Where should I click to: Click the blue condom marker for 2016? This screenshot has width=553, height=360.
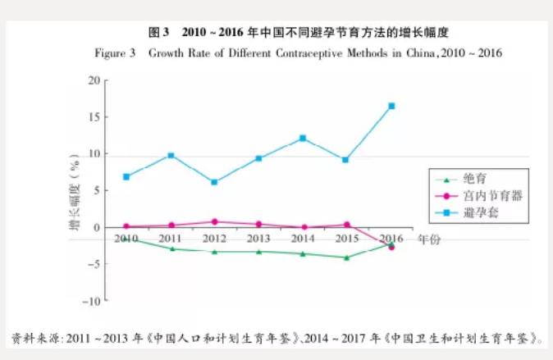click(x=391, y=106)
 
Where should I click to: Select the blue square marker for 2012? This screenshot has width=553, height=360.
click(x=214, y=182)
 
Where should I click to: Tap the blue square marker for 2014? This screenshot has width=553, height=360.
click(x=303, y=138)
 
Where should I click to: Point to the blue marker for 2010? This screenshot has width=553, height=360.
click(x=126, y=176)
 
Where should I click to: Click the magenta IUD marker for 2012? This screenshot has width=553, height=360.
click(x=214, y=221)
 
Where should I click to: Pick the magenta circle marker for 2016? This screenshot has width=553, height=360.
click(x=391, y=247)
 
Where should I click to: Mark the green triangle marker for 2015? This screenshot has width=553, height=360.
click(x=347, y=257)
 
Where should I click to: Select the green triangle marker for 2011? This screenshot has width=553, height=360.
click(x=171, y=248)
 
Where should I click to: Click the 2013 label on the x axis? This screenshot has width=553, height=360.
click(x=258, y=238)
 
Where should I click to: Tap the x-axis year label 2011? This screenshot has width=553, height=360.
click(x=171, y=238)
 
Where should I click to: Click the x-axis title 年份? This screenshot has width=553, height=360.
click(x=429, y=239)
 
